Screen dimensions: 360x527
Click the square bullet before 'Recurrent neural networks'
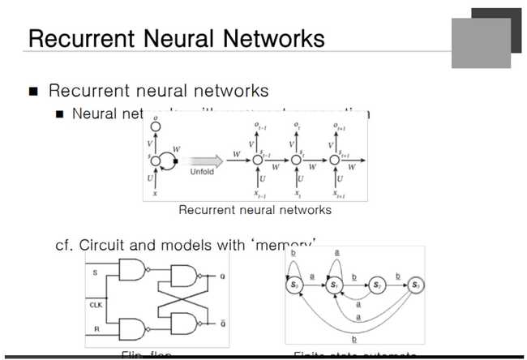tap(33, 91)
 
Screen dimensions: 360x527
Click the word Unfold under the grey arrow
tap(203, 172)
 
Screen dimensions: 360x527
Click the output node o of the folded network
tap(156, 127)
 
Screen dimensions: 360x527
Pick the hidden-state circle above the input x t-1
tap(258, 161)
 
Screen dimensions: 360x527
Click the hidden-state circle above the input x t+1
tap(334, 161)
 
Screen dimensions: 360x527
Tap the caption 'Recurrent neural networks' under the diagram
tap(255, 210)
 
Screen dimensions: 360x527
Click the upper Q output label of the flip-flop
tap(221, 276)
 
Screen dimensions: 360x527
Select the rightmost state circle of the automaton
tap(416, 285)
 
